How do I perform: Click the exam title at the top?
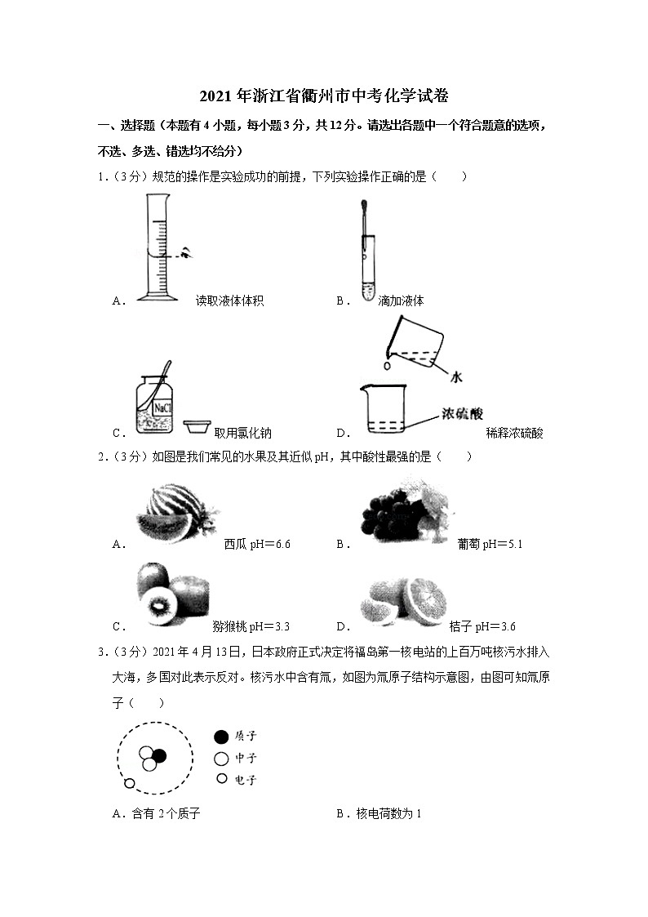click(x=324, y=96)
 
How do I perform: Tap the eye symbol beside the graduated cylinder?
click(x=188, y=253)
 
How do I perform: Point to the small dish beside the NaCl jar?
click(x=197, y=426)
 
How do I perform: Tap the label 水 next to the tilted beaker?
click(x=455, y=376)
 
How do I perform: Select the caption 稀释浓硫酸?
click(x=514, y=434)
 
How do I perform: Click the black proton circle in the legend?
click(x=221, y=737)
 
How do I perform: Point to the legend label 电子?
click(x=246, y=780)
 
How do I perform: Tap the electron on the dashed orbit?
click(x=129, y=785)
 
